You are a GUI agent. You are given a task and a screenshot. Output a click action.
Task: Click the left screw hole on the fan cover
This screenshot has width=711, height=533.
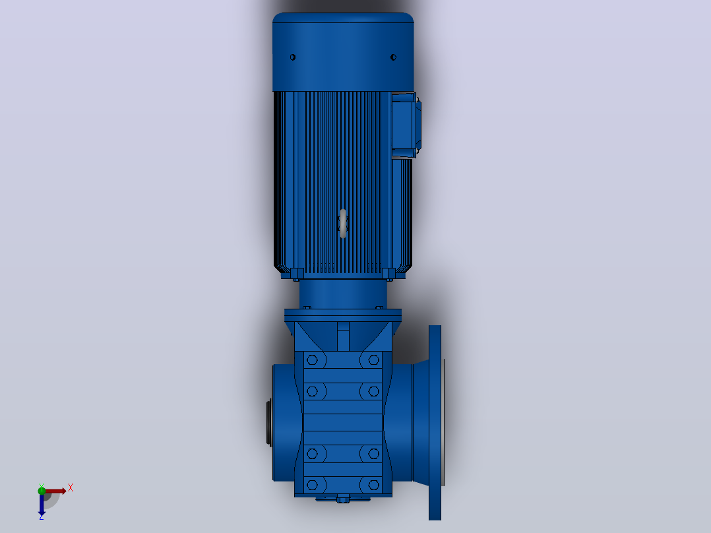tap(292, 57)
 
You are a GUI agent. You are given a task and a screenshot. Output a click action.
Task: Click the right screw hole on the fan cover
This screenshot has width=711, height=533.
tap(393, 57)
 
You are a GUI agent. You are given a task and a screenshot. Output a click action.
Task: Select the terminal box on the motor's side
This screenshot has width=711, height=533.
tap(406, 125)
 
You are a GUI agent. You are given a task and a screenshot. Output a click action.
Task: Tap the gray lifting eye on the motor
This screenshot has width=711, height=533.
tap(343, 223)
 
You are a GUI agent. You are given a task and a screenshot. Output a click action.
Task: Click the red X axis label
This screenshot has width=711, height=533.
tap(71, 488)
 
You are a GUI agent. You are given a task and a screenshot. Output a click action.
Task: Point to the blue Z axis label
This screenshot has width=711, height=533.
tap(42, 517)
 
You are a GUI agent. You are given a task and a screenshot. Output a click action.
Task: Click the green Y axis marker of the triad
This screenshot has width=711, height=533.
tap(42, 489)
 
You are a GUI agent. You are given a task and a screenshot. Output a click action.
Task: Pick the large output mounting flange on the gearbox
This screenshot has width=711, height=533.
tap(435, 423)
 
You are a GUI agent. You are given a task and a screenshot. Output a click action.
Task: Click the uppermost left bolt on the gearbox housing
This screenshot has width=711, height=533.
tap(312, 360)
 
